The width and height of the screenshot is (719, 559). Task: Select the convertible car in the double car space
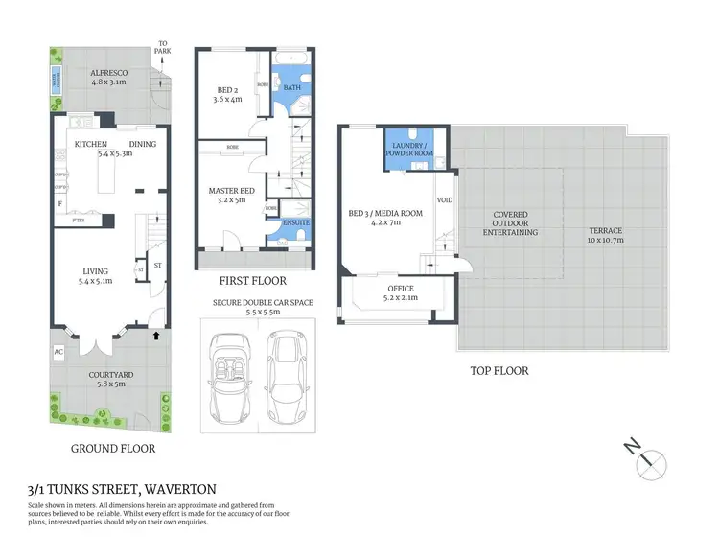(231, 376)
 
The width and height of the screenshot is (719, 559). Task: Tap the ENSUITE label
(295, 222)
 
